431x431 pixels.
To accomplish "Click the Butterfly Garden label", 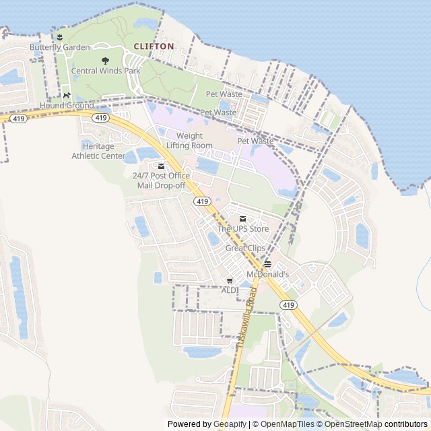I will (59, 47).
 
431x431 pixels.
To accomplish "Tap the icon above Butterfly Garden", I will (59, 37).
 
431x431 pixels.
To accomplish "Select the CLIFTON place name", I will (154, 46).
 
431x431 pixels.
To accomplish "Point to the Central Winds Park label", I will (106, 71).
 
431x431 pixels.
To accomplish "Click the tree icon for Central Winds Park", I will (105, 61).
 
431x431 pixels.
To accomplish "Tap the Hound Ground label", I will (67, 106).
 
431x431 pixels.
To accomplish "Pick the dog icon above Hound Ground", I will (66, 96).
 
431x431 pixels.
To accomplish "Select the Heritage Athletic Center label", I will (99, 151).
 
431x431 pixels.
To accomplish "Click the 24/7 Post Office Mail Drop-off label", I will (161, 180).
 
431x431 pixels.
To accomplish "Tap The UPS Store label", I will (242, 229).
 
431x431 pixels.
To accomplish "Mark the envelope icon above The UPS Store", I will (242, 219).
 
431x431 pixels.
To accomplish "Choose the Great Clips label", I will (245, 248).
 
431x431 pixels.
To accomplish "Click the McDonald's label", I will (267, 274).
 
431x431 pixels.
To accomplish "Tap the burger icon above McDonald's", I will (267, 263).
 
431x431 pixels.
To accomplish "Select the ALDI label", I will (230, 290).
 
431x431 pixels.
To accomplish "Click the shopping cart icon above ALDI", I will (230, 280).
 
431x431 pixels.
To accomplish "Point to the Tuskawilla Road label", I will (246, 314).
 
